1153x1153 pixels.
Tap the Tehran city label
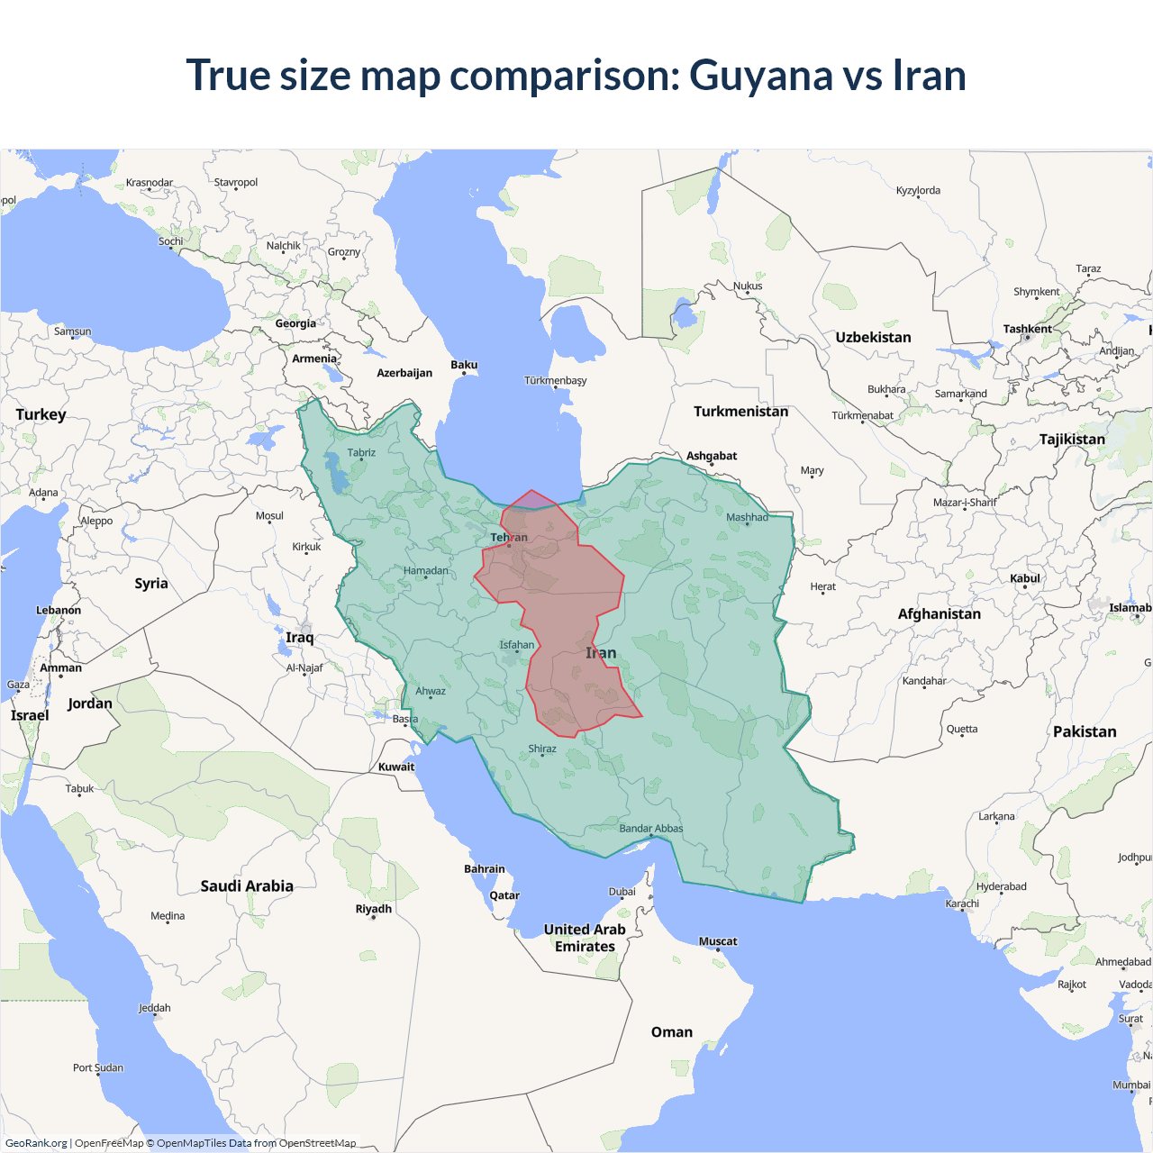(509, 538)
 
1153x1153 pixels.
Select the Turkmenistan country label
(740, 412)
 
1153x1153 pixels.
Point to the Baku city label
(464, 365)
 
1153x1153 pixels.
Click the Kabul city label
(1025, 578)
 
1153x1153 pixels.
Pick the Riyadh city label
(373, 909)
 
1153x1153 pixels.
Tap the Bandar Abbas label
(650, 829)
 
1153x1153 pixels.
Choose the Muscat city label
(718, 941)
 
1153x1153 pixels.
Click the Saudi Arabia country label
(247, 886)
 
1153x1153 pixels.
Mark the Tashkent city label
(1027, 329)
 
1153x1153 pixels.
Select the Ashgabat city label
(712, 456)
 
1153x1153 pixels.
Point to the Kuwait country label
(396, 767)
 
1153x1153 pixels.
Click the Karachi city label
(962, 903)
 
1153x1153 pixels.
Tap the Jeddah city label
(154, 1008)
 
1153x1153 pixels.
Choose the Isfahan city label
(517, 645)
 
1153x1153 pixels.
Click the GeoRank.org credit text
(36, 1143)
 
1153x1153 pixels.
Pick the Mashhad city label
(747, 517)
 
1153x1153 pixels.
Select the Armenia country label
(314, 359)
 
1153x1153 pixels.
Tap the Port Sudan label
(98, 1067)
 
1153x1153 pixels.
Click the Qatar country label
(504, 895)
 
